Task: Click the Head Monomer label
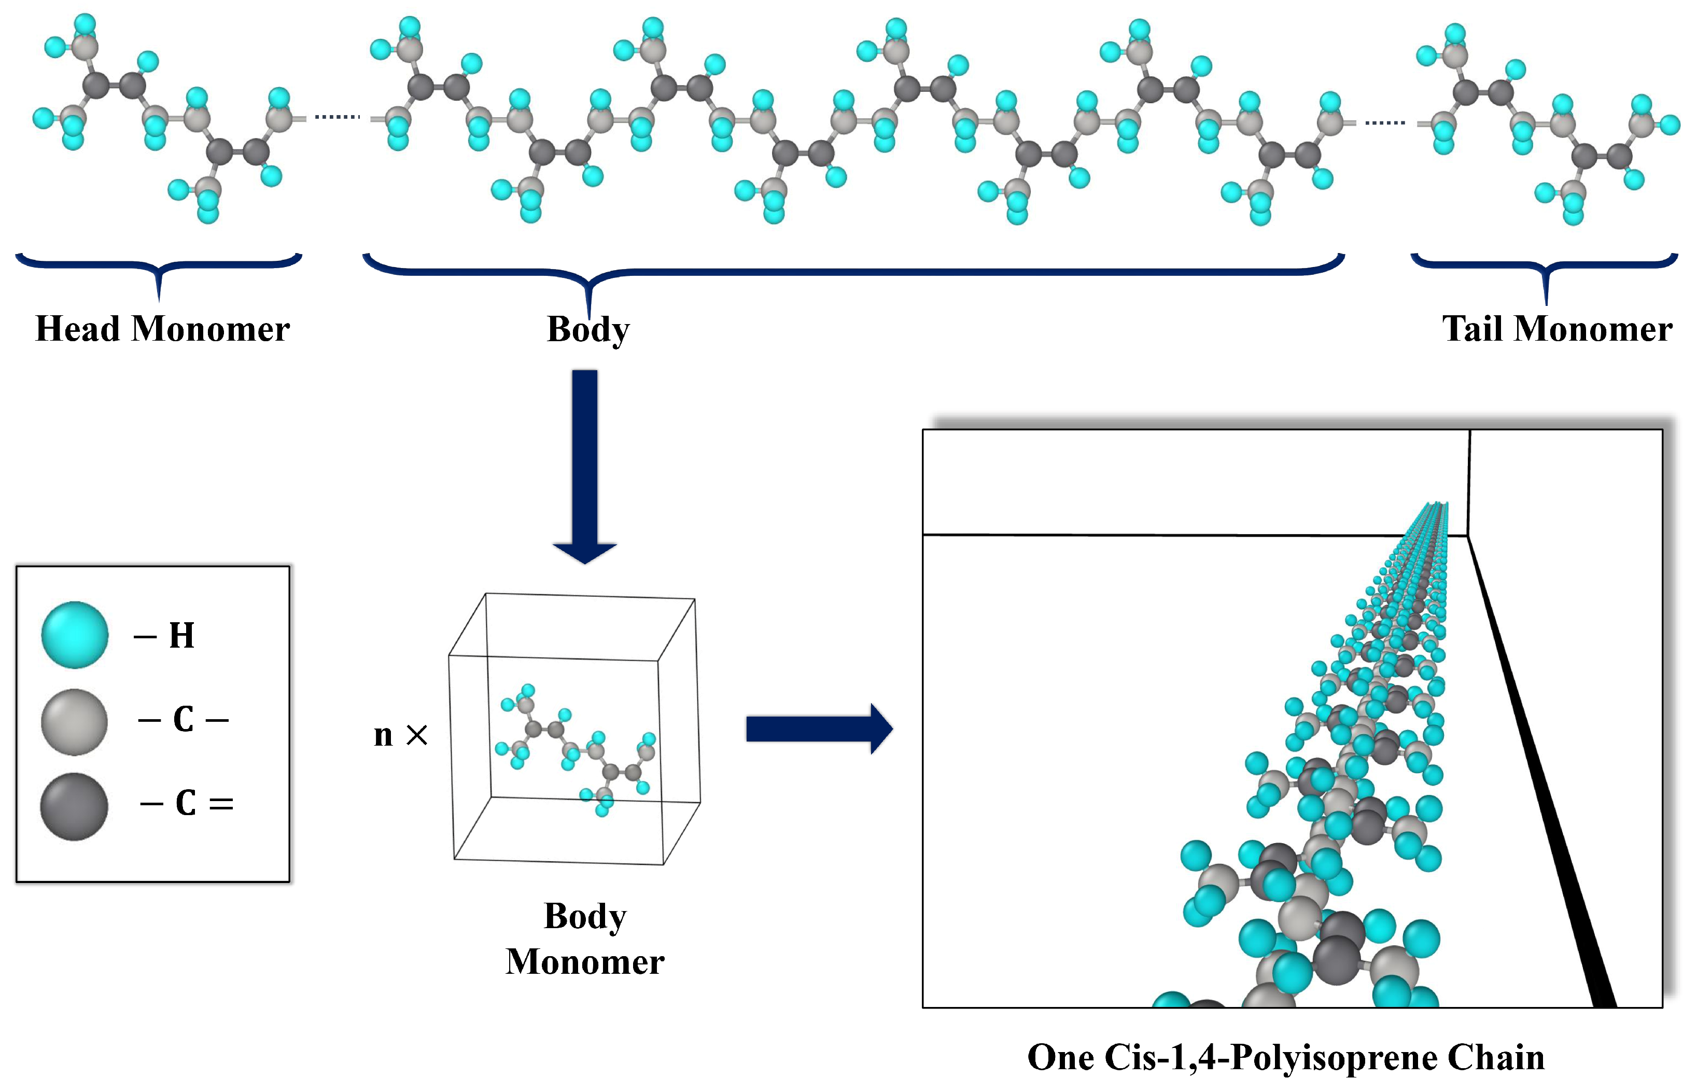click(x=162, y=329)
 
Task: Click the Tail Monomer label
click(x=1556, y=329)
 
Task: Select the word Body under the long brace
click(x=587, y=330)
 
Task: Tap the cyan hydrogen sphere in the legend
click(x=75, y=635)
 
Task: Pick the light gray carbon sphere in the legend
click(x=75, y=721)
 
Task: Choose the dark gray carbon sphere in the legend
click(x=75, y=807)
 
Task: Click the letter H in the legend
click(x=181, y=635)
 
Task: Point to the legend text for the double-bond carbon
click(x=187, y=803)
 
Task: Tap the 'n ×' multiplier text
click(x=400, y=735)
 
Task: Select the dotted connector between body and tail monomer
click(x=1384, y=123)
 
